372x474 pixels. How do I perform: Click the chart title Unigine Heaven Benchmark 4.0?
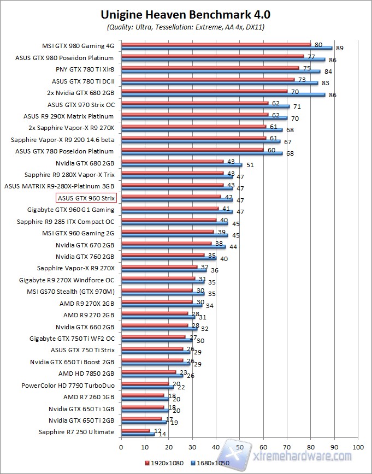tap(185, 14)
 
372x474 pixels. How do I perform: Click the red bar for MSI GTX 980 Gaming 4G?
tap(216, 44)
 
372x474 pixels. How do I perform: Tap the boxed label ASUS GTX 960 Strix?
tap(86, 198)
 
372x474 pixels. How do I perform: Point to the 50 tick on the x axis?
tap(240, 446)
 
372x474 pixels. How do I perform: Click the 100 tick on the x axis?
tap(358, 446)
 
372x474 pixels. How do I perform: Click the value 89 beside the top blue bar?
tap(339, 48)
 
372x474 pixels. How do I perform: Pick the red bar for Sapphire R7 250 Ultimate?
tap(135, 430)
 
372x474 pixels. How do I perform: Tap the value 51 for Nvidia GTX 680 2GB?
tap(250, 165)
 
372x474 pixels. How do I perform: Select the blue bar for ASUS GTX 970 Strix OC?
tap(205, 106)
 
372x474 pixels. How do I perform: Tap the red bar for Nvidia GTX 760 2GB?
tap(163, 255)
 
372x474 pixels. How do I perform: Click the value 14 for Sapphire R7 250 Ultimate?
tap(162, 434)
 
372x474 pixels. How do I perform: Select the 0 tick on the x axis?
tap(121, 446)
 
